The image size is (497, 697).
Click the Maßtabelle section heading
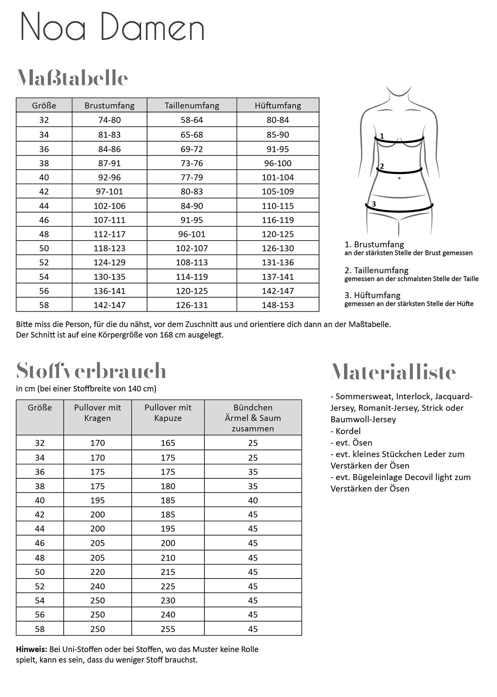click(72, 78)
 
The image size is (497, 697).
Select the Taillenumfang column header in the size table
click(192, 106)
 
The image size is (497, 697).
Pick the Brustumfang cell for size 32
click(110, 120)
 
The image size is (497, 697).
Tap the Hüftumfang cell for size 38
click(278, 163)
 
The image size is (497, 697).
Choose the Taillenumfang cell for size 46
click(192, 220)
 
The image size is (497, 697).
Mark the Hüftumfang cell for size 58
click(278, 305)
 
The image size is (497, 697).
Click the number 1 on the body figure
click(382, 136)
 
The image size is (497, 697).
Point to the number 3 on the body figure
click(374, 204)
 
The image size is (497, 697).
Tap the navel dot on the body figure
click(399, 178)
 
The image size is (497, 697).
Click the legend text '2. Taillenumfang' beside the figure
click(376, 270)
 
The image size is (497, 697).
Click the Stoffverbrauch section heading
click(91, 370)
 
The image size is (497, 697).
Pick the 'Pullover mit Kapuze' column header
click(168, 413)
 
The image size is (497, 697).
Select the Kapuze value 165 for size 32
click(168, 443)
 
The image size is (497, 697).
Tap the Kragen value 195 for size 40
click(97, 500)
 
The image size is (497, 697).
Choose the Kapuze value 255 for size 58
click(168, 629)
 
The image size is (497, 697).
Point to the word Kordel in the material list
click(348, 431)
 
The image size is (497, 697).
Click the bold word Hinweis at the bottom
click(32, 649)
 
